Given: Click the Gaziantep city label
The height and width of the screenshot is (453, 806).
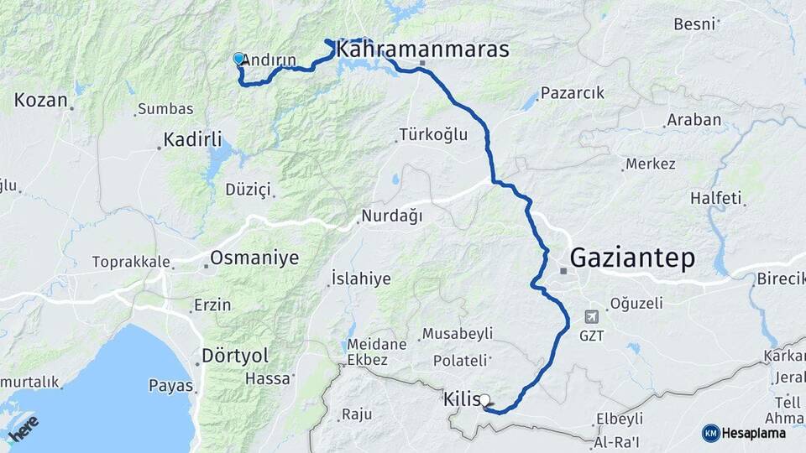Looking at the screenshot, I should [x=632, y=258].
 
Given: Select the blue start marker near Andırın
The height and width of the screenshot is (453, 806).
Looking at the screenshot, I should [x=238, y=59].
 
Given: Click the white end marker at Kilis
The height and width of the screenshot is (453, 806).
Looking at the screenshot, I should [x=485, y=401].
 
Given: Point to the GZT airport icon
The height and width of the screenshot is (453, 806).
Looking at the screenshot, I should [x=589, y=317].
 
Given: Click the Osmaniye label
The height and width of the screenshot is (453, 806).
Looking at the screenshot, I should [x=254, y=258].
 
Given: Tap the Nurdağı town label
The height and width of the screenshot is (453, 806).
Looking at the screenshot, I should [x=391, y=216].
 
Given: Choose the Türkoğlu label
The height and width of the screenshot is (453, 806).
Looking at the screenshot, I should [x=433, y=134].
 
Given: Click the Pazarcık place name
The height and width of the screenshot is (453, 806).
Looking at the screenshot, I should [x=573, y=92].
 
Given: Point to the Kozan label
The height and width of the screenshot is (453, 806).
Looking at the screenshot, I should [x=40, y=100].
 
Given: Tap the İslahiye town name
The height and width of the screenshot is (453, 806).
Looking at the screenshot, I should [x=361, y=279].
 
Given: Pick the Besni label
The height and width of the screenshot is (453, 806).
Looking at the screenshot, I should [x=695, y=23].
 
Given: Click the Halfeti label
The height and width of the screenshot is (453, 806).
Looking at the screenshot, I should [x=716, y=198].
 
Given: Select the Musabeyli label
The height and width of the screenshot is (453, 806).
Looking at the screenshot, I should [x=457, y=334].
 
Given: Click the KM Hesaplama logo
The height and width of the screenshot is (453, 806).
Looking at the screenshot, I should [x=744, y=433].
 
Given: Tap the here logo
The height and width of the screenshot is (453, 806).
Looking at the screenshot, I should [x=24, y=428].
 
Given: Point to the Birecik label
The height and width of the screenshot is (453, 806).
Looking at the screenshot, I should [x=780, y=279].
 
